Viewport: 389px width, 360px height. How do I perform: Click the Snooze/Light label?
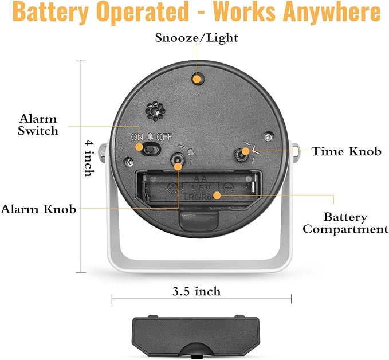197,38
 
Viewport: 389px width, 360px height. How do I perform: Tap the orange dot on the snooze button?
197,79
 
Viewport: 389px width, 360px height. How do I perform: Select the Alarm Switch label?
38,124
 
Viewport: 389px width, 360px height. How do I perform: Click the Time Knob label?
347,151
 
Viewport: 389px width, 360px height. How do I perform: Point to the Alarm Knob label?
38,209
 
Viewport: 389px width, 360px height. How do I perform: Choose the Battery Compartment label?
345,223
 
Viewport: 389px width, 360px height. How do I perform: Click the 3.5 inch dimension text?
197,291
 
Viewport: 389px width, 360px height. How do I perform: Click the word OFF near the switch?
164,137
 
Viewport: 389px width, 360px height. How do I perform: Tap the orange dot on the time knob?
245,151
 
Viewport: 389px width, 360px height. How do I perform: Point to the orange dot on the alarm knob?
178,166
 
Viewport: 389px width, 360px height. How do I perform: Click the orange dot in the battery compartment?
217,195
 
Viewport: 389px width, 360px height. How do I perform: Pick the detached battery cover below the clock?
196,336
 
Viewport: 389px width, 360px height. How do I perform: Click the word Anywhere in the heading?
332,12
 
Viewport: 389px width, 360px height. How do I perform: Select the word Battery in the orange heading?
50,12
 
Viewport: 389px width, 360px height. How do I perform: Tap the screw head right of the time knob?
268,137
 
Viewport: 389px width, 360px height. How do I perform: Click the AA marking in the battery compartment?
200,179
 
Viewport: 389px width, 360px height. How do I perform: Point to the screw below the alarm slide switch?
129,162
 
